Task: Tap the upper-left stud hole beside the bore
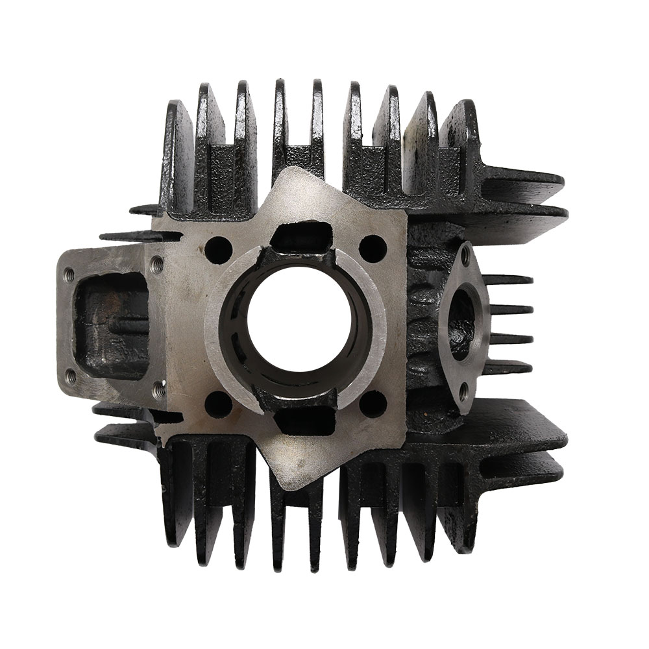[219, 249]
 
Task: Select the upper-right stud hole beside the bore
[373, 248]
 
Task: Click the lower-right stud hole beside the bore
[373, 403]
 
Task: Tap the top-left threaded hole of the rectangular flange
[70, 273]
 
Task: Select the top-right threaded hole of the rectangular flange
[156, 263]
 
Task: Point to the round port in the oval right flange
[462, 324]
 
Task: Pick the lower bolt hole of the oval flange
[463, 391]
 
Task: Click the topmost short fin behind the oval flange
[509, 280]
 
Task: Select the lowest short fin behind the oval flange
[509, 368]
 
